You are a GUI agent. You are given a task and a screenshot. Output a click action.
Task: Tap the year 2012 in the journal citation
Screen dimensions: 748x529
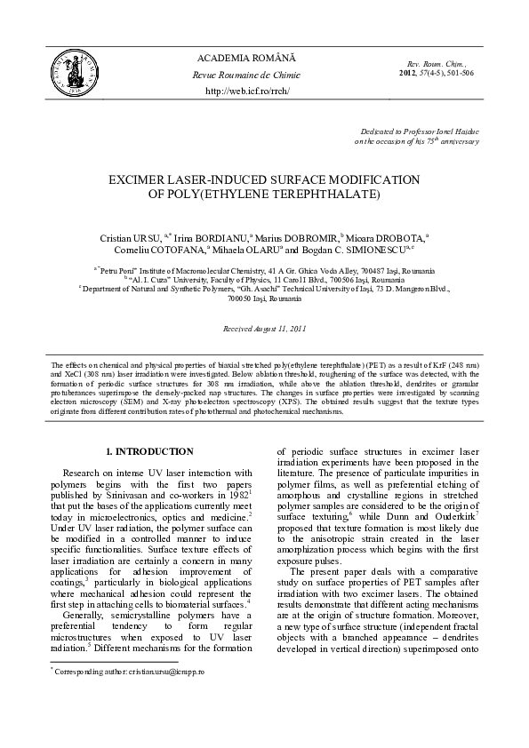coord(409,72)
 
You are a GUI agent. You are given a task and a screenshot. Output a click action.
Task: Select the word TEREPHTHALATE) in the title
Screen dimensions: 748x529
coord(329,194)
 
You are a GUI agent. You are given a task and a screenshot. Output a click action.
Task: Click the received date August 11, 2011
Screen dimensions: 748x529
coord(279,329)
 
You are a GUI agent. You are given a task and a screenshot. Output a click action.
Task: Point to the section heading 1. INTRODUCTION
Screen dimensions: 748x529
coord(148,451)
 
